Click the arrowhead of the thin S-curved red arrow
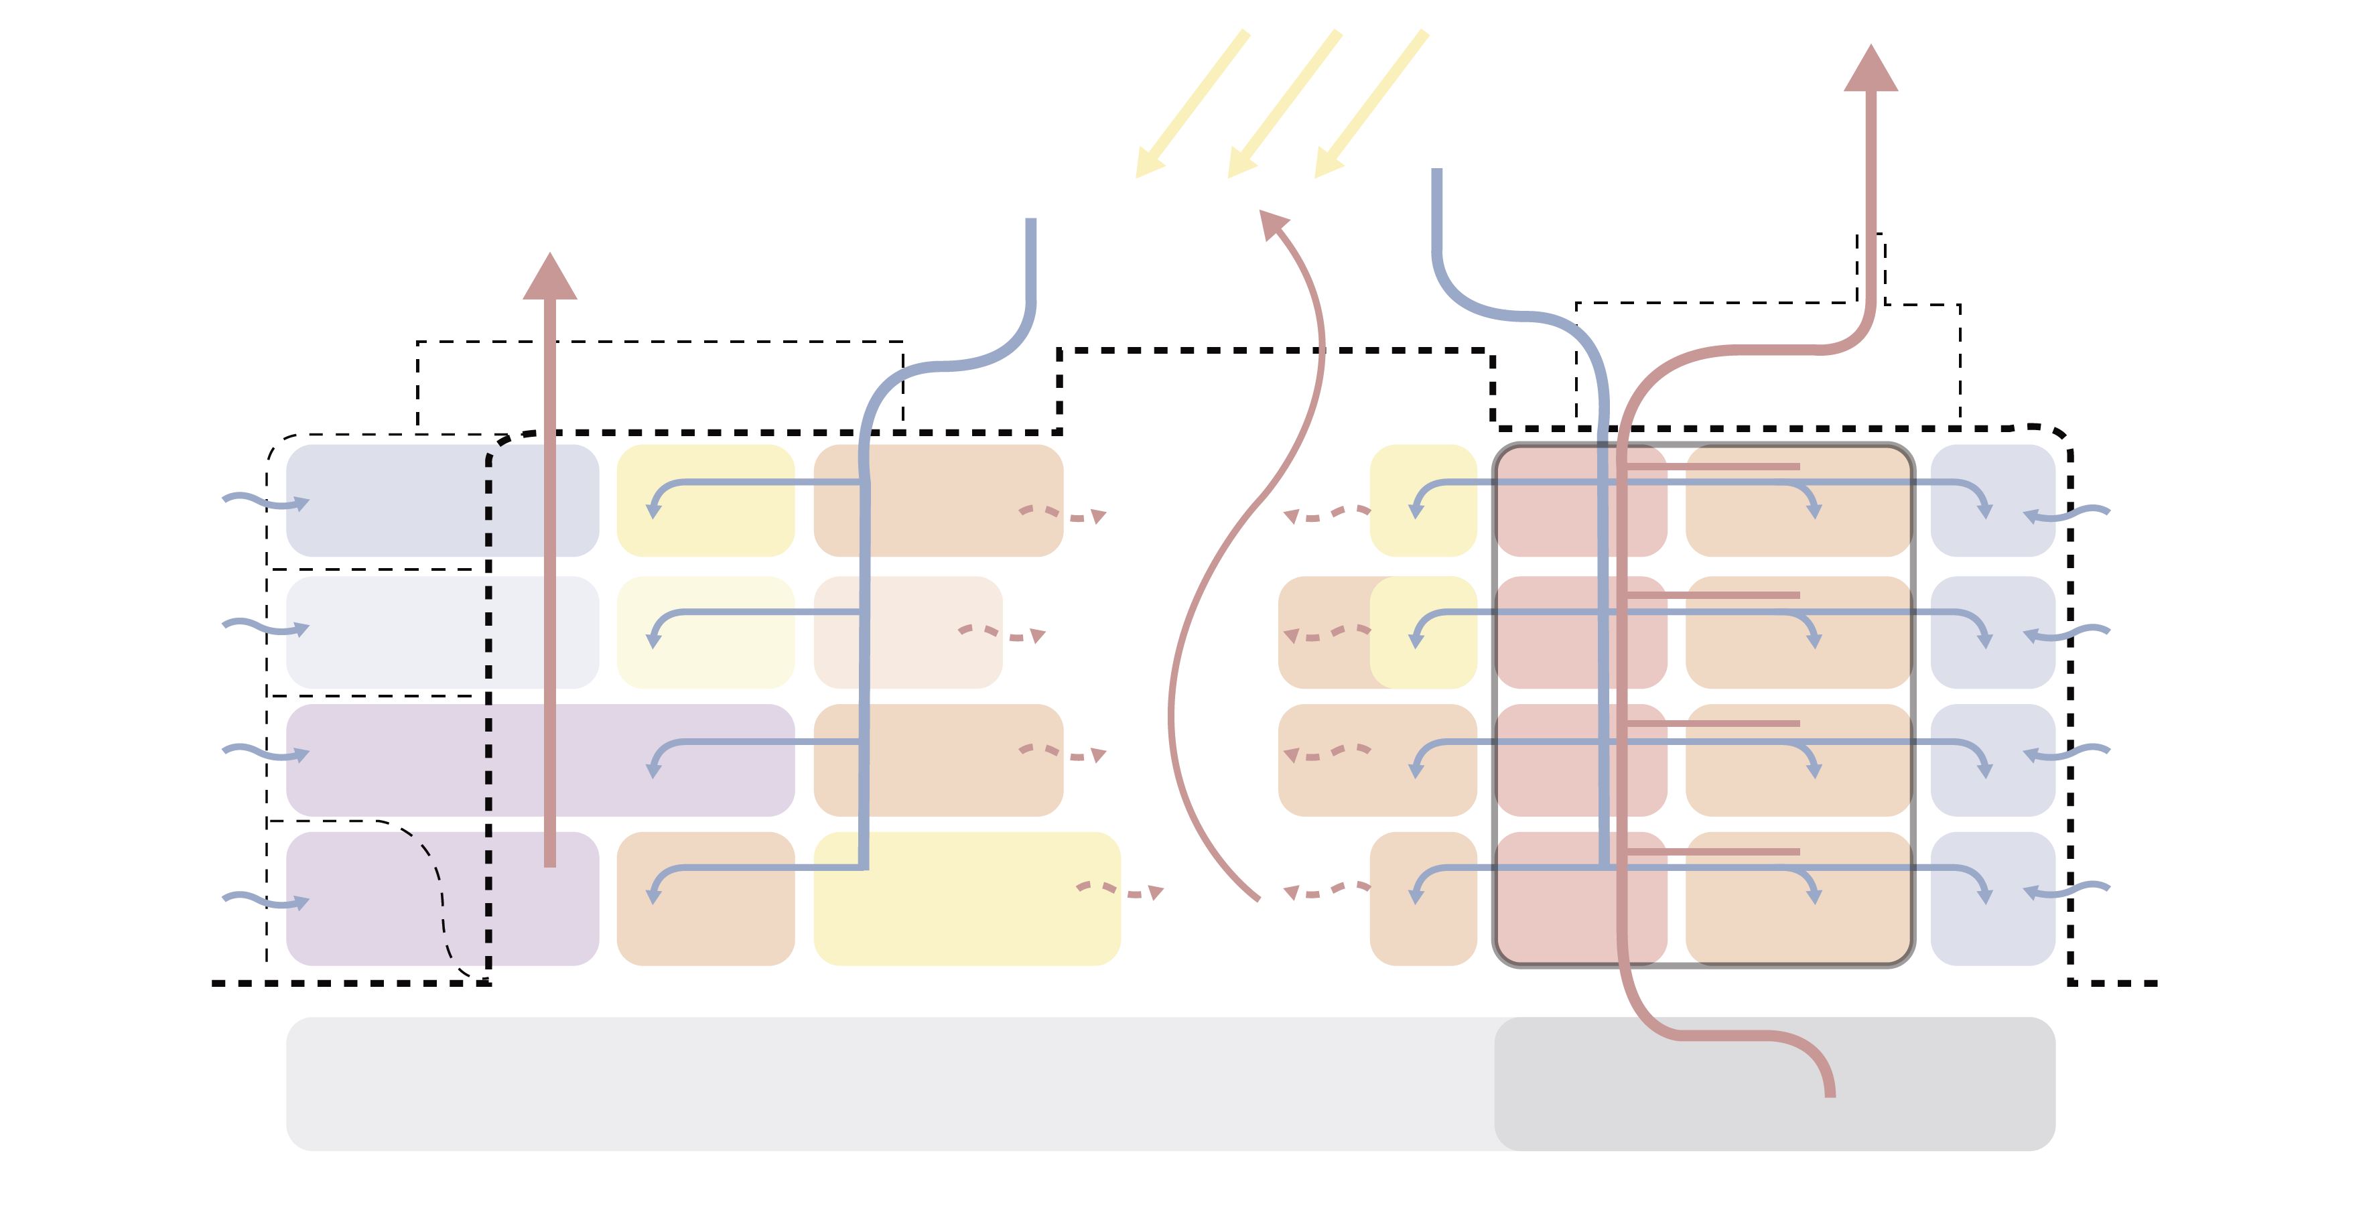click(x=1272, y=223)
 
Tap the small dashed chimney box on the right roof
click(x=1871, y=267)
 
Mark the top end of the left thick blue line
click(x=1031, y=223)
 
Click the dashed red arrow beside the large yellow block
click(x=1120, y=890)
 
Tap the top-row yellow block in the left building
click(x=705, y=500)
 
